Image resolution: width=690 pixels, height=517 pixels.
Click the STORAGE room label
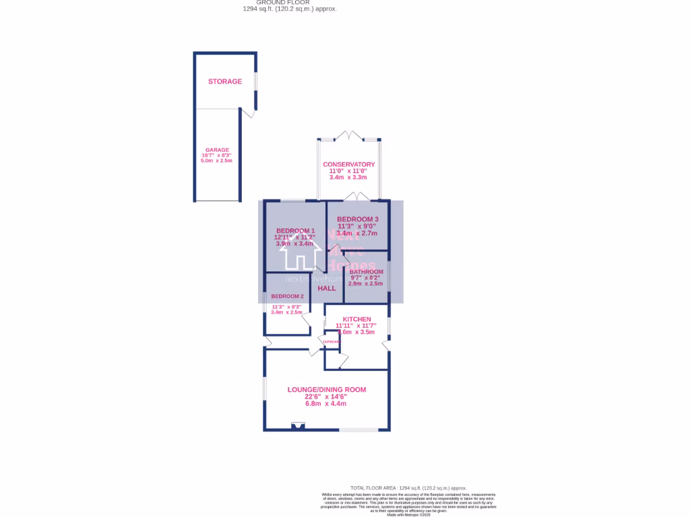click(224, 81)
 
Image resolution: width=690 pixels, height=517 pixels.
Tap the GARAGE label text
click(217, 150)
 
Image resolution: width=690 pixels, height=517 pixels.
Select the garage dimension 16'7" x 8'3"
click(217, 156)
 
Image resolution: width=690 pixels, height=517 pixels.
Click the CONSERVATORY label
click(348, 164)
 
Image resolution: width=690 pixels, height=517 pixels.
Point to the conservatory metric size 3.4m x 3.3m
click(348, 178)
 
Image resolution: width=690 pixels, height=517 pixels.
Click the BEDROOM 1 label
click(294, 231)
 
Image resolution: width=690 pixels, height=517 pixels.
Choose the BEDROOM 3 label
click(357, 219)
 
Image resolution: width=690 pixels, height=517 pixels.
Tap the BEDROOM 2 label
click(287, 296)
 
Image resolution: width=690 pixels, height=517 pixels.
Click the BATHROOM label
click(367, 272)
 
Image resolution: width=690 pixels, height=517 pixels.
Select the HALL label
click(327, 288)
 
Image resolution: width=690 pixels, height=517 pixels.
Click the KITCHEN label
click(356, 319)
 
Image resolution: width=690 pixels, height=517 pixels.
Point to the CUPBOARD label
click(332, 342)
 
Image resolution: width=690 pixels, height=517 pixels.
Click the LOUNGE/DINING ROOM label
click(326, 390)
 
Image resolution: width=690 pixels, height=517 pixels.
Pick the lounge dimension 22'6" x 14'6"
click(326, 397)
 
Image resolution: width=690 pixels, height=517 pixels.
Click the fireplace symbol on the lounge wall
click(297, 425)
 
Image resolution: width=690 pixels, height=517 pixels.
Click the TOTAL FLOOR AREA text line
click(408, 488)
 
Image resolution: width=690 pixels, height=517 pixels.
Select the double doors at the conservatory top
click(348, 136)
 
